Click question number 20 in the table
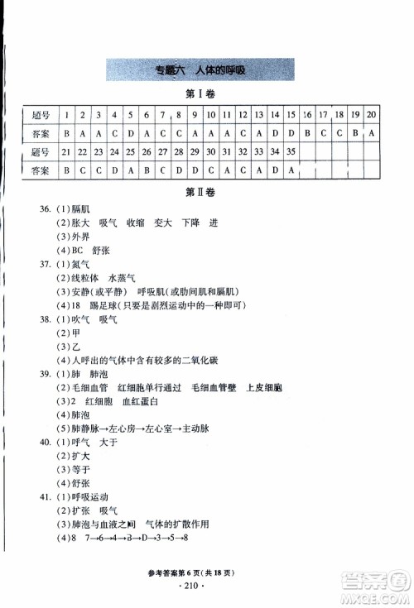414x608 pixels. point(372,114)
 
